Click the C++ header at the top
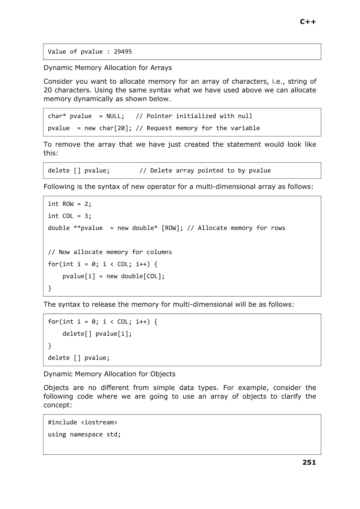tap(308, 22)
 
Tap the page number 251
tap(309, 462)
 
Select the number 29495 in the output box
tap(123, 52)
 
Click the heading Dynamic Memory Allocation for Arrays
tap(107, 68)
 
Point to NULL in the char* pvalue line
tap(114, 116)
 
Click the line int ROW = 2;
tap(70, 204)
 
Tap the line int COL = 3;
tap(70, 216)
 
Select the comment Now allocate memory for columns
tap(110, 252)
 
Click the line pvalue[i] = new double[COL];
tap(114, 276)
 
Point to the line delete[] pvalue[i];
tap(97, 334)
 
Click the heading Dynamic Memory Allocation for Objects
tap(109, 374)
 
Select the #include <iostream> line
tap(82, 422)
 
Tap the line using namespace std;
tap(84, 435)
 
